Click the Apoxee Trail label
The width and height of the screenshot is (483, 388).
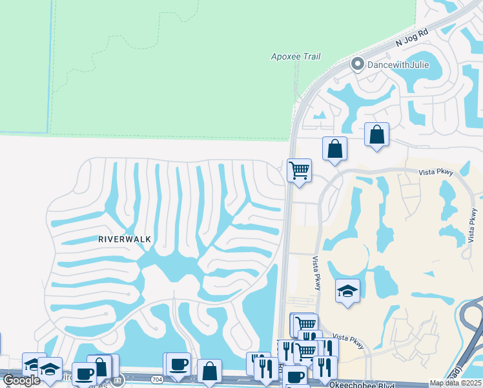(x=296, y=57)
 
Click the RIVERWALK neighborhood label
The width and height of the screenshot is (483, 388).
(x=125, y=239)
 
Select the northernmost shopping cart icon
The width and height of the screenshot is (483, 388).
(x=299, y=171)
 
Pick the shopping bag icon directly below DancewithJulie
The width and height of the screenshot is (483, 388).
(x=377, y=135)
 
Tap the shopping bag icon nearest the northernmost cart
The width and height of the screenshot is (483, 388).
(x=334, y=149)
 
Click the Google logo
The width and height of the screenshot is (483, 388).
(x=22, y=380)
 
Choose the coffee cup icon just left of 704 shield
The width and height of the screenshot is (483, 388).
(x=178, y=364)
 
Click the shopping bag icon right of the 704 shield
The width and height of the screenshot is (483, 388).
(x=209, y=371)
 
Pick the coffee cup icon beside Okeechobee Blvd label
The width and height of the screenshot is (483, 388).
(x=295, y=376)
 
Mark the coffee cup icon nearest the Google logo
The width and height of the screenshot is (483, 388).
(x=83, y=374)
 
